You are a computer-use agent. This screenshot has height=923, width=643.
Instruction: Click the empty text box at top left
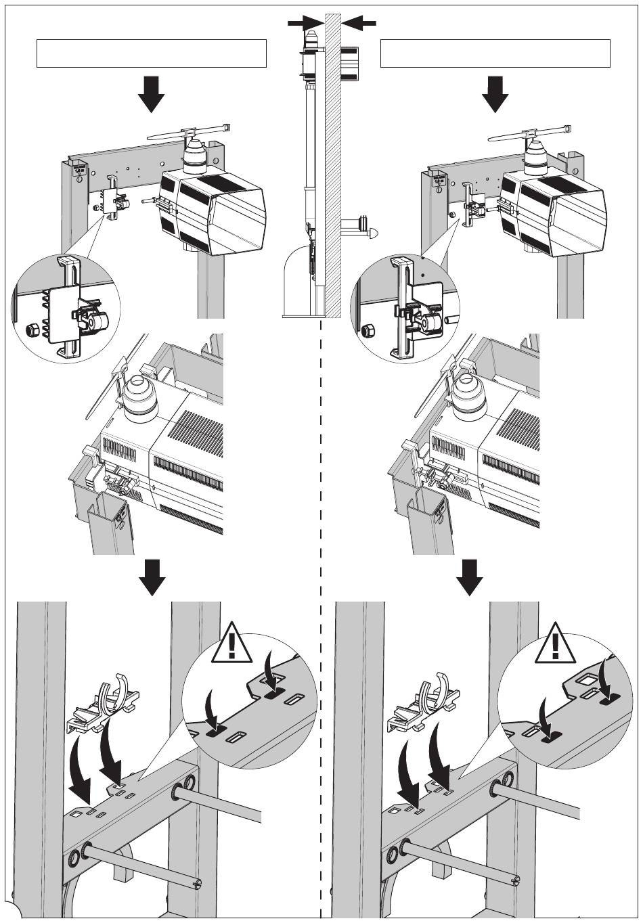point(151,53)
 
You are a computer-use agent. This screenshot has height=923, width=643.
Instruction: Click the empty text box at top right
point(495,53)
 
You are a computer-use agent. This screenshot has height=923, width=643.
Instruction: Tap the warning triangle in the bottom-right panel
point(555,643)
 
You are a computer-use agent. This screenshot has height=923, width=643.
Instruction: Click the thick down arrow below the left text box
point(151,93)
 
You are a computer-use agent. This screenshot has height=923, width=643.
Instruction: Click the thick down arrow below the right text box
point(496,93)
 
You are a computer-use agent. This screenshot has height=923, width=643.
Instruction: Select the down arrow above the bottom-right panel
point(469,577)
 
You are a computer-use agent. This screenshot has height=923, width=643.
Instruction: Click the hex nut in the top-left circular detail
point(29,331)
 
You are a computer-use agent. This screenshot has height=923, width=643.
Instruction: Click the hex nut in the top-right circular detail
point(370,332)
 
